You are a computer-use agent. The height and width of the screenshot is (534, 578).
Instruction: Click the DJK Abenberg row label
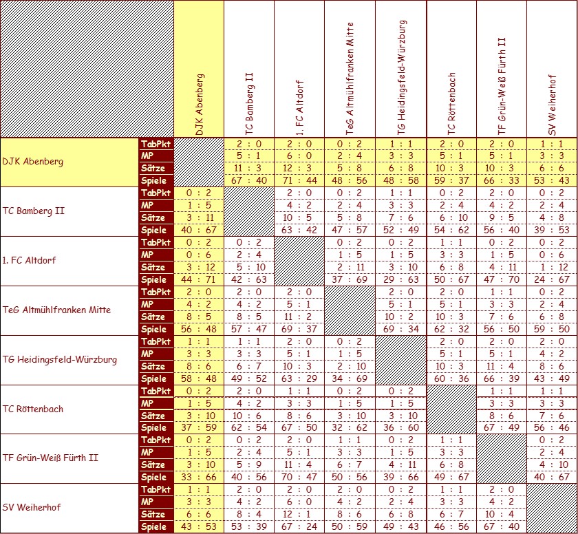pyautogui.click(x=33, y=162)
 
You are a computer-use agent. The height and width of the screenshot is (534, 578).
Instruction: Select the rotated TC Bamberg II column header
pyautogui.click(x=249, y=103)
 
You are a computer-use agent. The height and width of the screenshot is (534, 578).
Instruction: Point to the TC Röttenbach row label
pyautogui.click(x=33, y=409)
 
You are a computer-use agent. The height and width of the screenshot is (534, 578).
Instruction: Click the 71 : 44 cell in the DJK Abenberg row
pyautogui.click(x=299, y=180)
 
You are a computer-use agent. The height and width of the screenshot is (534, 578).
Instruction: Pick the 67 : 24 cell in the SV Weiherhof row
pyautogui.click(x=299, y=527)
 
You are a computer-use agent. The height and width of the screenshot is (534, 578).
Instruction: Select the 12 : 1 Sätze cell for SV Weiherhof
pyautogui.click(x=299, y=515)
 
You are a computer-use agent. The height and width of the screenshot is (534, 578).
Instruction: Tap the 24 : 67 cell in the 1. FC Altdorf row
pyautogui.click(x=553, y=279)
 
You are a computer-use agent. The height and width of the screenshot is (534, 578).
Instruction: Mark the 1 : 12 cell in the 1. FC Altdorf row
pyautogui.click(x=553, y=267)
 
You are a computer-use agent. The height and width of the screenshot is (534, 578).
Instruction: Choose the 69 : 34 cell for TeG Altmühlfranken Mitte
pyautogui.click(x=400, y=329)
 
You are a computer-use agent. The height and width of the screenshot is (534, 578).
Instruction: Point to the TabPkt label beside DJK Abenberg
pyautogui.click(x=156, y=144)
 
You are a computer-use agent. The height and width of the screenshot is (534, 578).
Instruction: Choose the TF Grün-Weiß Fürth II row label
pyautogui.click(x=50, y=458)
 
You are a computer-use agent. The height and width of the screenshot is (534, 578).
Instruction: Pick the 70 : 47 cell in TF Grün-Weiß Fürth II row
pyautogui.click(x=299, y=478)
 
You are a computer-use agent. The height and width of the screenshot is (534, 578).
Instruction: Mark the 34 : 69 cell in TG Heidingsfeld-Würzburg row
pyautogui.click(x=350, y=378)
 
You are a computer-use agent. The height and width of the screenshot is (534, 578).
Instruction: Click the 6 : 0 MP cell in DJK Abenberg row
pyautogui.click(x=299, y=156)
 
